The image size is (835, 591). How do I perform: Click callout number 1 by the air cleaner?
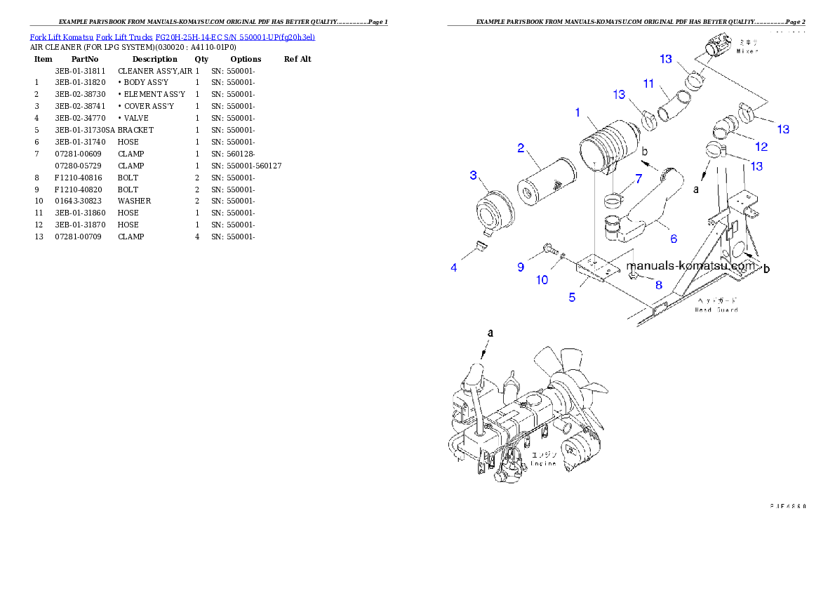577,112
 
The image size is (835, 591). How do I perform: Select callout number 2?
521,148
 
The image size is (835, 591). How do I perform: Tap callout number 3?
474,175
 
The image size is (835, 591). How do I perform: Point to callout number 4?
454,267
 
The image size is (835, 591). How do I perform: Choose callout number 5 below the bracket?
572,297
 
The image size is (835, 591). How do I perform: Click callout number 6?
674,239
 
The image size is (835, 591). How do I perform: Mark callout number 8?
658,285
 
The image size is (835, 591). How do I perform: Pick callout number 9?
521,267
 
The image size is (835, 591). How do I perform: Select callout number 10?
542,280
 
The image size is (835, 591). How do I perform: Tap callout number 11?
649,84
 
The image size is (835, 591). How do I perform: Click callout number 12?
761,147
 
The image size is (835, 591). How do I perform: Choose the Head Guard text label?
716,309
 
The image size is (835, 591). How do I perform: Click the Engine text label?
544,463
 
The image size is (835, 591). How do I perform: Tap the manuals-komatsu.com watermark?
691,267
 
